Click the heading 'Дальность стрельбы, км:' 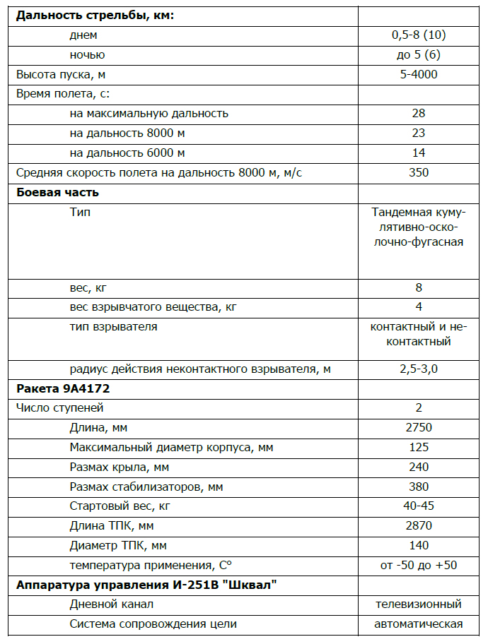point(95,16)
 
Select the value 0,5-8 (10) point(418,35)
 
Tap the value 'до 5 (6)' point(418,54)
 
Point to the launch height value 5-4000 point(418,74)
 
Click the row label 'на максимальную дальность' point(149,113)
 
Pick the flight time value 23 point(418,133)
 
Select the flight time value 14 point(418,153)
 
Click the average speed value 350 point(418,172)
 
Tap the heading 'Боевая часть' point(57,192)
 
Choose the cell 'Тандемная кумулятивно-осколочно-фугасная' point(418,227)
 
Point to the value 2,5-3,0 point(418,369)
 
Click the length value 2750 point(418,428)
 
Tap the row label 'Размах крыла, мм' point(120,467)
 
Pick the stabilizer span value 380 point(418,487)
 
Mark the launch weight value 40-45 point(418,506)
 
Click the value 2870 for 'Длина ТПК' point(418,526)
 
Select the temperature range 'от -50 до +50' point(418,566)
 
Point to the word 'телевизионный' point(418,604)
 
